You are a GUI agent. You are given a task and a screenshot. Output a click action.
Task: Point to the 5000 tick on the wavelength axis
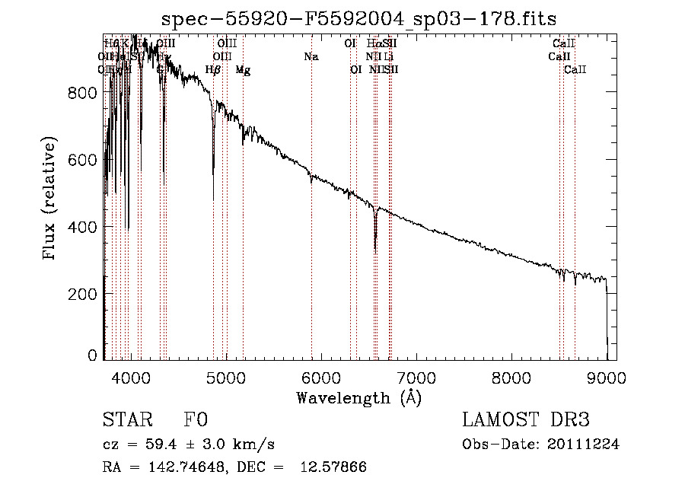click(225, 376)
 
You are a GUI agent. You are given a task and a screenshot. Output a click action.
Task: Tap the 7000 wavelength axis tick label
click(416, 376)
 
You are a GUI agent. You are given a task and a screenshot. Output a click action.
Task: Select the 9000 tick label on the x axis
click(607, 376)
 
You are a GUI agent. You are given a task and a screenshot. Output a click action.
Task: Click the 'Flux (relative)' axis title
click(51, 200)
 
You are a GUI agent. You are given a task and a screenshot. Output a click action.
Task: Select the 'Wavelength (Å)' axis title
click(358, 397)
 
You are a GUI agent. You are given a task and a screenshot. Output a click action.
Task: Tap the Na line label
click(311, 57)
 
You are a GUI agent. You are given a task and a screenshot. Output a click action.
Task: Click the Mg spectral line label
click(243, 70)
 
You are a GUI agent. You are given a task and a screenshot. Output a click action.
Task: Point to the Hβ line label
click(213, 70)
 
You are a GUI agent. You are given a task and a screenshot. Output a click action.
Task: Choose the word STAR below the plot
click(127, 420)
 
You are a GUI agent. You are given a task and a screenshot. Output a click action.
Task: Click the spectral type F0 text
click(196, 420)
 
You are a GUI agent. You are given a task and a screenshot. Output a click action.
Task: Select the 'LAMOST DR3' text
click(526, 420)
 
